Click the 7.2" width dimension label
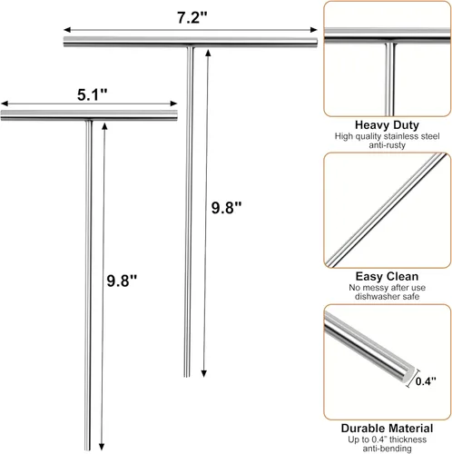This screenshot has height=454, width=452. click(192, 17)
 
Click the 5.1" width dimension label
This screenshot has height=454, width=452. click(93, 94)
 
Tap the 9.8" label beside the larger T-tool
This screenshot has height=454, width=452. click(226, 208)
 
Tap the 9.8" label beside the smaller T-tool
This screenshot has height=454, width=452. click(122, 281)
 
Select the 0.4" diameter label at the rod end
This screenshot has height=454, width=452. click(426, 380)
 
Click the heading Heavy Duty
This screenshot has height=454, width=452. click(387, 124)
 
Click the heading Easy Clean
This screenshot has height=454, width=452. click(387, 276)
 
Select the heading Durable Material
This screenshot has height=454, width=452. click(387, 429)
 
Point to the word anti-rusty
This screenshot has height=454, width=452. click(387, 145)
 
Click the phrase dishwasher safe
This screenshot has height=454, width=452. click(387, 296)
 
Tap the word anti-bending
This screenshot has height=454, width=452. click(387, 449)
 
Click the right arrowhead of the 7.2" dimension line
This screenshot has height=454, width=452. click(314, 30)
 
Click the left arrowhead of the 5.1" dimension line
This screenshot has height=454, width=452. click(5, 104)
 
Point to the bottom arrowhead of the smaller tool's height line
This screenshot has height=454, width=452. click(102, 447)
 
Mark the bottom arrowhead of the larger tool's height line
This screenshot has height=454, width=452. click(204, 373)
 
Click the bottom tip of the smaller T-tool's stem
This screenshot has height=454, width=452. click(87, 449)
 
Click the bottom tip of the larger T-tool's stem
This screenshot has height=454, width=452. click(187, 376)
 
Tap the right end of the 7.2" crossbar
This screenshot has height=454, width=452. click(317, 42)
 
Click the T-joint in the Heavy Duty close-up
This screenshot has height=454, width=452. click(390, 42)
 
